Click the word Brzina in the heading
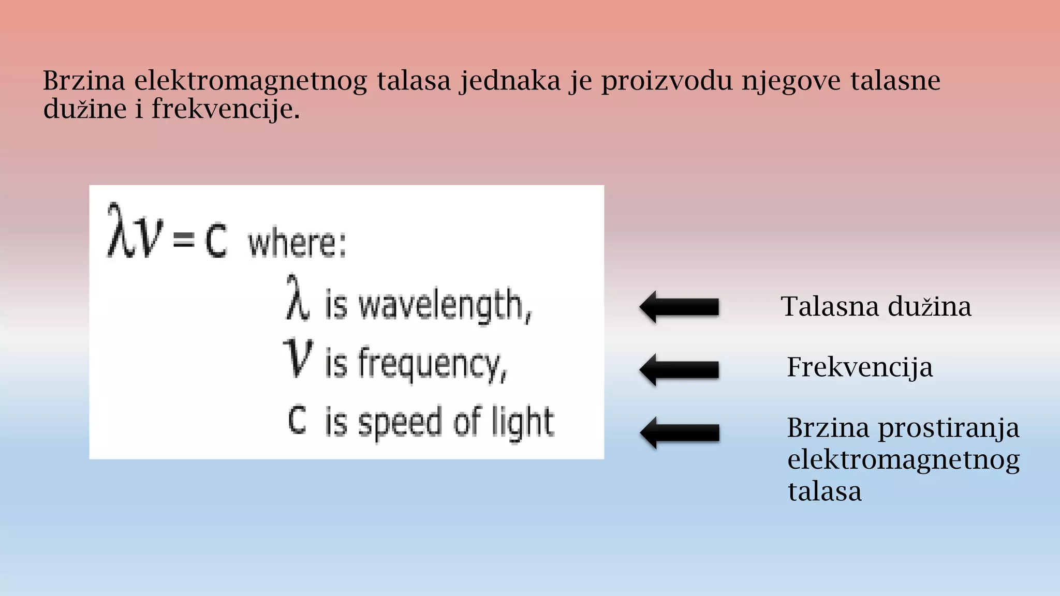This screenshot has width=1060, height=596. point(84,81)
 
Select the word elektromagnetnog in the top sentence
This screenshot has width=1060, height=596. point(251,82)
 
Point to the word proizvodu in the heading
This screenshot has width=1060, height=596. point(667,82)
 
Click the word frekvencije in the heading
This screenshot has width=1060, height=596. point(223,110)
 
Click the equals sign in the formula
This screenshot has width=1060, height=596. point(183,240)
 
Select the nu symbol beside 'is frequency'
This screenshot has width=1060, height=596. point(298,357)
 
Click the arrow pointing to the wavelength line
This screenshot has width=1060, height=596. point(679,307)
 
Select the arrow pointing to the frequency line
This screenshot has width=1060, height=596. point(679,369)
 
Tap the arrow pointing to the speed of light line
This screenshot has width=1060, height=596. point(680,432)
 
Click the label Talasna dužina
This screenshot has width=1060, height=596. point(876,306)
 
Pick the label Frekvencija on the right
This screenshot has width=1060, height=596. point(860,367)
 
